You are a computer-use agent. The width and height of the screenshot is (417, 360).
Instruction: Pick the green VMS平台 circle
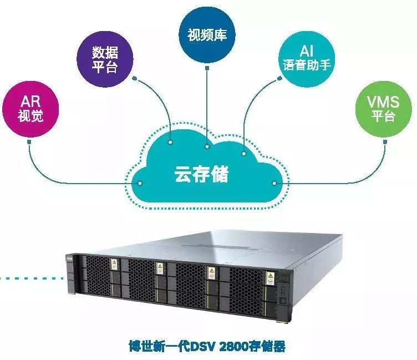[x=383, y=108]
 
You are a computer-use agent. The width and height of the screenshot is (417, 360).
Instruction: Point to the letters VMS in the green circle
[x=383, y=102]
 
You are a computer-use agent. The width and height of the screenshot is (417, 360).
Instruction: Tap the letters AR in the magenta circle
[x=31, y=102]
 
